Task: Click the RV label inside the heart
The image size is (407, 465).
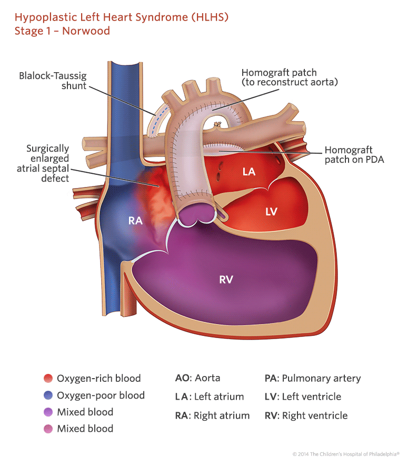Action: click(226, 280)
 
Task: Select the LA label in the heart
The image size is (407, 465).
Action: click(249, 171)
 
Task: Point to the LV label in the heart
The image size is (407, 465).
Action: click(271, 211)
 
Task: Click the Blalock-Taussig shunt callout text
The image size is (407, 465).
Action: click(53, 81)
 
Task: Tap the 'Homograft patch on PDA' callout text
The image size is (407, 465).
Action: click(354, 155)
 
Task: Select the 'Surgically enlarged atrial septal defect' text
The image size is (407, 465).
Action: click(48, 164)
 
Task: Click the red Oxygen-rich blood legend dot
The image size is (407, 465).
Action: click(48, 378)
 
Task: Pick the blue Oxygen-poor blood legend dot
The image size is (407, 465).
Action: click(48, 395)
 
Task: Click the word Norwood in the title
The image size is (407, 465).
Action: click(86, 31)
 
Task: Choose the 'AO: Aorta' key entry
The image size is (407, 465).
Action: click(197, 378)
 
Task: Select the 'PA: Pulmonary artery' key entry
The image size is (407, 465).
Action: click(312, 378)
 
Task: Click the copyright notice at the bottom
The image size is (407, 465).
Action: click(346, 453)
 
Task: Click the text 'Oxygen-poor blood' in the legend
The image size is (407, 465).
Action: click(101, 395)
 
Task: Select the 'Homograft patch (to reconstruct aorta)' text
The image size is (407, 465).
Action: click(289, 77)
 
